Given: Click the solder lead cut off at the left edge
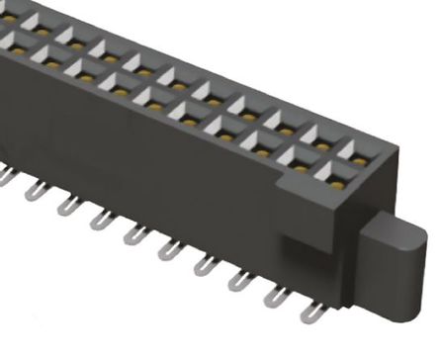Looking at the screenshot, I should coord(5,178).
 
